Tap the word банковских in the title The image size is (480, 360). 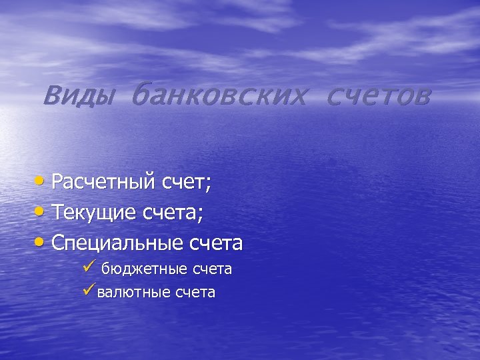(x=219, y=97)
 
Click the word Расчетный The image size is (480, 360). (x=104, y=182)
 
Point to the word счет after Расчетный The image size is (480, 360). (x=185, y=182)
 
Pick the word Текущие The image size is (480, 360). (x=95, y=213)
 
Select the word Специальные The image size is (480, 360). (x=117, y=243)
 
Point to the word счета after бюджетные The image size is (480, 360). (x=212, y=269)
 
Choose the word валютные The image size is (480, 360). (x=133, y=292)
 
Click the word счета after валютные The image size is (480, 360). (x=195, y=292)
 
